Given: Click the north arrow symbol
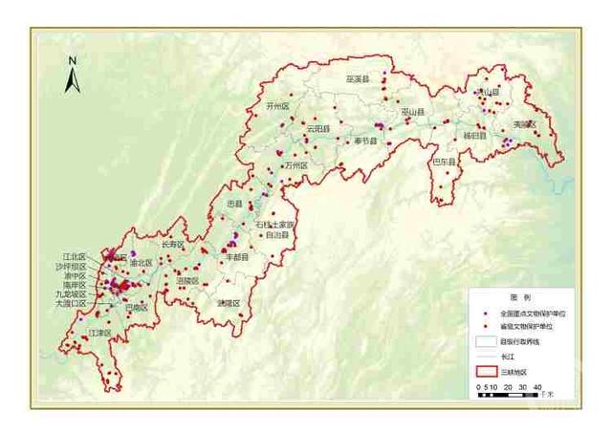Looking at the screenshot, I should [72, 76].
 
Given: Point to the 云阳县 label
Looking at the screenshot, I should [317, 128].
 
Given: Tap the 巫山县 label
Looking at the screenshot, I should [413, 112].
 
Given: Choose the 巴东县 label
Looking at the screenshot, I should [445, 162].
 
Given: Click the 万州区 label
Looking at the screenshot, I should [296, 165].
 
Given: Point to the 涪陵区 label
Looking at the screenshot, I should [187, 280].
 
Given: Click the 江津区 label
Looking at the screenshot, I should [98, 333].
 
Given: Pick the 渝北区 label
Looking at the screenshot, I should [141, 262].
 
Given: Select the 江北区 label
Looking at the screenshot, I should [74, 257].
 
